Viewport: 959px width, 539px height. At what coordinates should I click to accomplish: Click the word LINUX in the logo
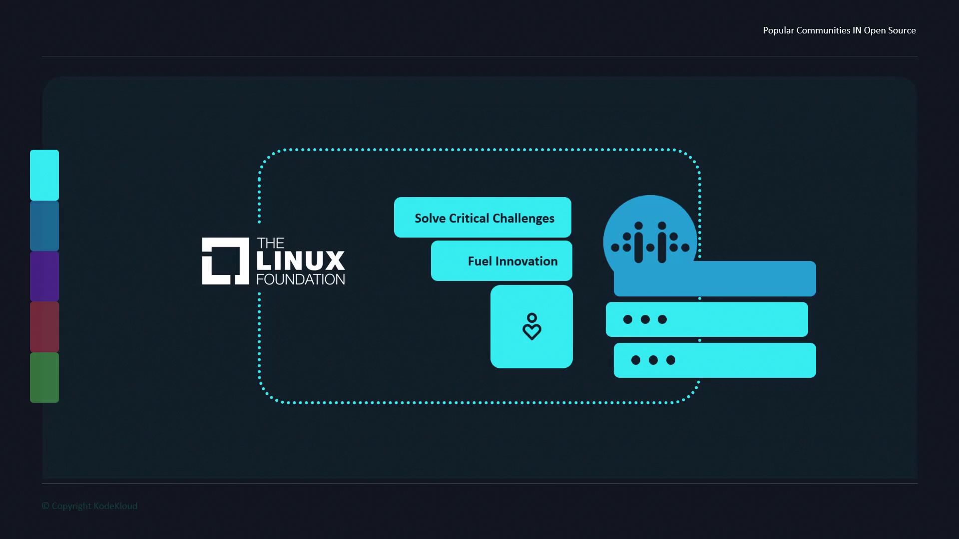point(300,261)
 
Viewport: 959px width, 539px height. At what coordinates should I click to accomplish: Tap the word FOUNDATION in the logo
point(301,279)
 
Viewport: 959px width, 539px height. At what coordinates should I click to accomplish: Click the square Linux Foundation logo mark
point(225,261)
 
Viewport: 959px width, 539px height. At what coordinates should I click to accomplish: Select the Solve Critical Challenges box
point(482,217)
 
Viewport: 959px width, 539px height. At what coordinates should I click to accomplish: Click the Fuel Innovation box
point(501,261)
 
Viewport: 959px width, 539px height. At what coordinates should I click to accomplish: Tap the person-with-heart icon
point(531,326)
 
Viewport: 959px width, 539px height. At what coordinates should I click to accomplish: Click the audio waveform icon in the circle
point(650,242)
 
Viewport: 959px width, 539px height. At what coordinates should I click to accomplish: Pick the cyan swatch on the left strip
point(44,175)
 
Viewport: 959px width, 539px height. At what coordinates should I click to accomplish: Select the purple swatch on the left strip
point(44,276)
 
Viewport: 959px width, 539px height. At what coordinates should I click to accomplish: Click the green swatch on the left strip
point(44,377)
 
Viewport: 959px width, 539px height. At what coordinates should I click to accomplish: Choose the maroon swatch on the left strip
point(44,327)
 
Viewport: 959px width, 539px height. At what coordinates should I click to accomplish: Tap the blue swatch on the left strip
point(44,226)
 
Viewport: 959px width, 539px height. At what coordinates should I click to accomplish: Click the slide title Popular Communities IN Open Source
point(839,30)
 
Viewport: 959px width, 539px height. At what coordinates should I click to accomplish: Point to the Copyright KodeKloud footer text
point(89,506)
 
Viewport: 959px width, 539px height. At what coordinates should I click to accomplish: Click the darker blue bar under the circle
point(715,279)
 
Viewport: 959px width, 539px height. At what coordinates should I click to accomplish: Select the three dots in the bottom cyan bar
point(653,360)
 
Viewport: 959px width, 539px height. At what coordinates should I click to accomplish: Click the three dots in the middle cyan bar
point(645,319)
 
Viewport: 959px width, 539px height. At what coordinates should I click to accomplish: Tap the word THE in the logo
point(270,243)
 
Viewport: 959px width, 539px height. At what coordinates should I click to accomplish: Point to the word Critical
point(469,218)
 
